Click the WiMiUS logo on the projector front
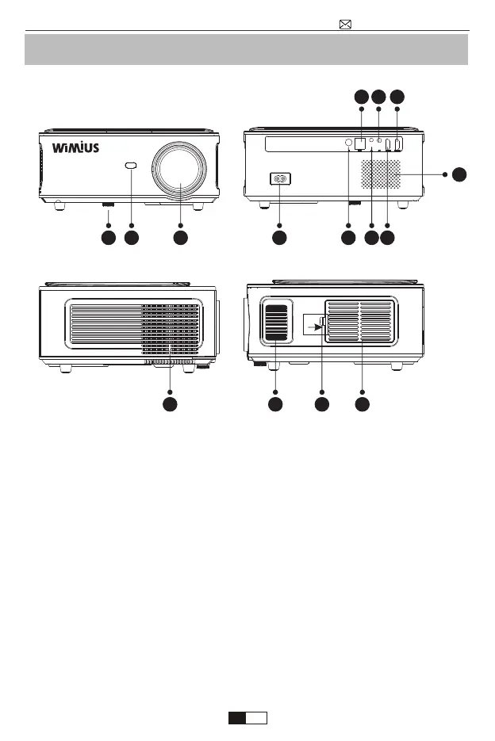tap(76, 148)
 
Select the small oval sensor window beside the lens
tap(132, 166)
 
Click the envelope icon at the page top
tap(345, 24)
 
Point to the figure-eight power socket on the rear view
tap(279, 178)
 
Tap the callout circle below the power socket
tap(279, 237)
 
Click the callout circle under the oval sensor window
tap(132, 237)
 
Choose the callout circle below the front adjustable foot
tap(108, 237)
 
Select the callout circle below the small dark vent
tap(275, 404)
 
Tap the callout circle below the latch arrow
tap(321, 404)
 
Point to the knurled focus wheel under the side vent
tap(168, 365)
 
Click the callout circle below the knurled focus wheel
tap(169, 404)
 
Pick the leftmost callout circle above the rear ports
tap(361, 97)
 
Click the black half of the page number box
tap(236, 718)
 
